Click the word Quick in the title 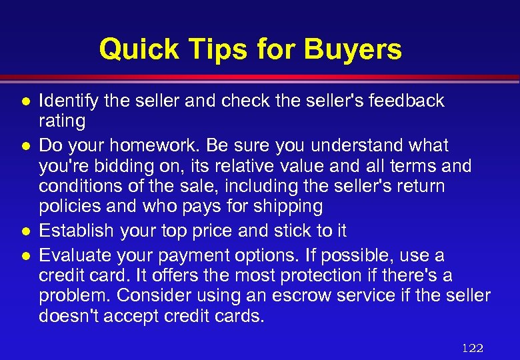(139, 49)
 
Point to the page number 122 (472, 348)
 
